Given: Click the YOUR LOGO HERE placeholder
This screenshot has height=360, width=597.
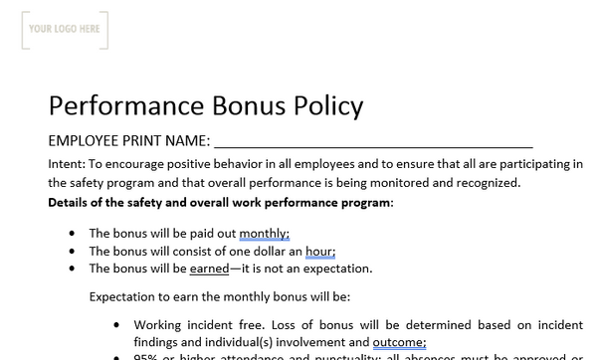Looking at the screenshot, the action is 65,30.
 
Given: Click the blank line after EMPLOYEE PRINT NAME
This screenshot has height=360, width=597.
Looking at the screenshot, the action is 373,140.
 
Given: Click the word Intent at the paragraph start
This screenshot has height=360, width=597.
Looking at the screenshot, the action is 66,164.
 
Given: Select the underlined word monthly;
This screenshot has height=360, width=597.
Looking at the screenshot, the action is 264,234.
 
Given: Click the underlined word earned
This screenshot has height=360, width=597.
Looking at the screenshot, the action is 208,269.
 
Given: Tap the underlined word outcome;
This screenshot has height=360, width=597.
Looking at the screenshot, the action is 399,342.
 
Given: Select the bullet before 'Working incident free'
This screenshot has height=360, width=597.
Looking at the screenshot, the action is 117,324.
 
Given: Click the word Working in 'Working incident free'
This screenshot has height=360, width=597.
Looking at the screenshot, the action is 159,324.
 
